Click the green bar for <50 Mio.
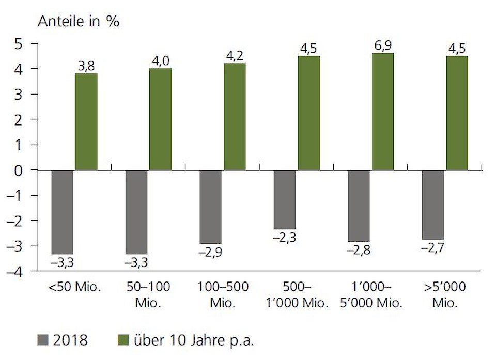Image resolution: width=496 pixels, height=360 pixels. click(86, 122)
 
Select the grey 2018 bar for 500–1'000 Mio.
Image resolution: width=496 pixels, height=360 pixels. click(285, 199)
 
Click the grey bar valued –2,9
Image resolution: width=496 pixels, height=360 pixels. click(210, 207)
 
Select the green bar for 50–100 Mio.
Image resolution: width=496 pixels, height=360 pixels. click(160, 119)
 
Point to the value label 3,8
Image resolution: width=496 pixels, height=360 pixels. click(86, 66)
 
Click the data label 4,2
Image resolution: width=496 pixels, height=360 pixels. click(235, 55)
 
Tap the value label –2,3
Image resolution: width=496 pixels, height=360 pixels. click(285, 238)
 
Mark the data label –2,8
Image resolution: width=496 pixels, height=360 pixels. click(359, 251)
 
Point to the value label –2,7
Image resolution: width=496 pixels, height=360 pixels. click(433, 248)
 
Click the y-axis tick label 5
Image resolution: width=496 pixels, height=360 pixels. click(19, 44)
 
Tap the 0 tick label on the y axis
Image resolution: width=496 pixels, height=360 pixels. click(19, 170)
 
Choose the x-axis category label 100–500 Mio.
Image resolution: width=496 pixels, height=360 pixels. click(223, 295)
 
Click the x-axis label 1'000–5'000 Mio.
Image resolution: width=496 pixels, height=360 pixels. click(371, 295)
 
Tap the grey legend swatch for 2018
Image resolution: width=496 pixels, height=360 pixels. click(43, 341)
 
